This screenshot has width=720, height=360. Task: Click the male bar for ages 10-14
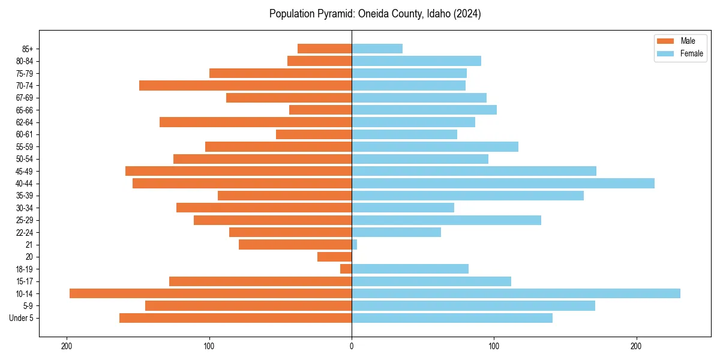pyautogui.click(x=210, y=293)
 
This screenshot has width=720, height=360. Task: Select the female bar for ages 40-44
pyautogui.click(x=503, y=184)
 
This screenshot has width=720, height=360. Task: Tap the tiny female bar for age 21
pyautogui.click(x=354, y=245)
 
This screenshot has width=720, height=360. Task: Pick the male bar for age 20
pyautogui.click(x=334, y=257)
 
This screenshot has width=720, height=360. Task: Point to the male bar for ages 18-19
pyautogui.click(x=346, y=269)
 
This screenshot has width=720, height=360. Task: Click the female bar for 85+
pyautogui.click(x=377, y=49)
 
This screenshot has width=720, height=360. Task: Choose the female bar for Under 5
pyautogui.click(x=452, y=318)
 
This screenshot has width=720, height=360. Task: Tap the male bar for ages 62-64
pyautogui.click(x=255, y=122)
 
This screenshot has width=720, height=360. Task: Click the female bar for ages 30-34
pyautogui.click(x=403, y=208)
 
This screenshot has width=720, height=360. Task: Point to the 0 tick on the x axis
pyautogui.click(x=352, y=346)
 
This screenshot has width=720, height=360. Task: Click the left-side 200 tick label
pyautogui.click(x=67, y=346)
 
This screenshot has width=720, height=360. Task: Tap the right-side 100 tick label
pyautogui.click(x=494, y=346)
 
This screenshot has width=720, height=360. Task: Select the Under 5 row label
pyautogui.click(x=22, y=318)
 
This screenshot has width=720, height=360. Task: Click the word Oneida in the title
pyautogui.click(x=372, y=14)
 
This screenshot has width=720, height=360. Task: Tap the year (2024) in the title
pyautogui.click(x=467, y=14)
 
